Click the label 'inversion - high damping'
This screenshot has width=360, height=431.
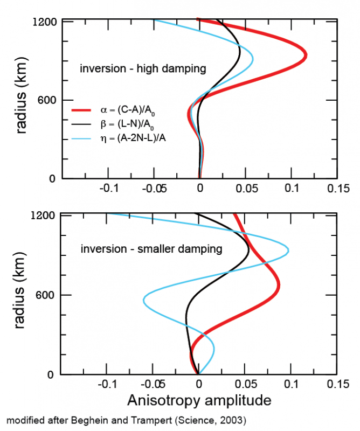point(143,69)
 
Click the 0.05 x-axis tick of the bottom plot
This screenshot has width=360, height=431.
point(245,385)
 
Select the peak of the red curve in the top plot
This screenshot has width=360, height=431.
point(305,55)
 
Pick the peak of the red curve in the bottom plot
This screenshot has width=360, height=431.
point(278,288)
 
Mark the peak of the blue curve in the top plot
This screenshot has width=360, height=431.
point(253,58)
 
